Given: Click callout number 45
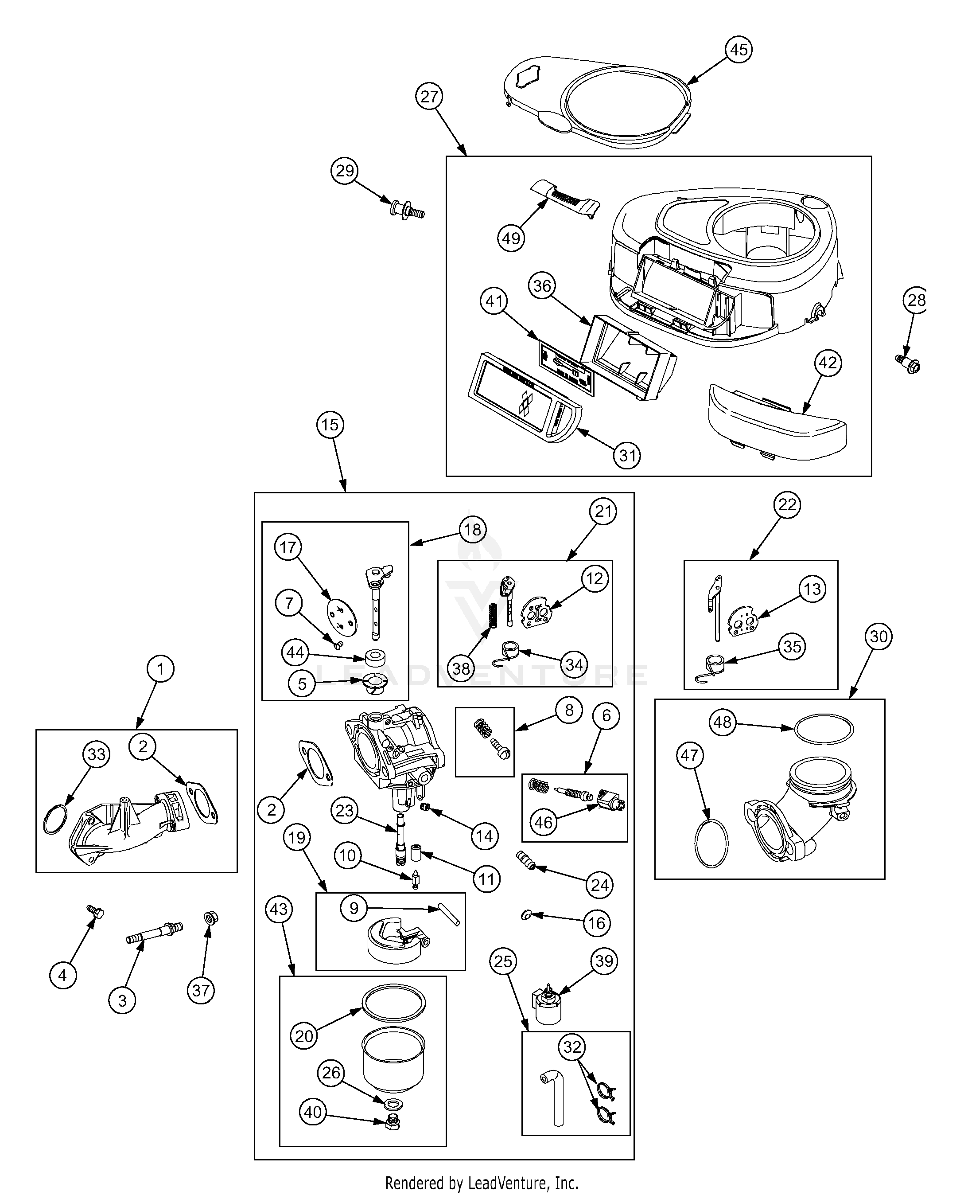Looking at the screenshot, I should (x=738, y=50).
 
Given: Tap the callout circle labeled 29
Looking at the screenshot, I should (x=345, y=171).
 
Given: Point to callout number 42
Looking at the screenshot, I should (x=828, y=363).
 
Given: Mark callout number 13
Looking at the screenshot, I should (x=812, y=589).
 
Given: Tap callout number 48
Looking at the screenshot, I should (x=723, y=722).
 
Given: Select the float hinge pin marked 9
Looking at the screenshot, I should (x=449, y=914).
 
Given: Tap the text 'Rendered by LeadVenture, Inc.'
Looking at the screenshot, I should (x=482, y=1183).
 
